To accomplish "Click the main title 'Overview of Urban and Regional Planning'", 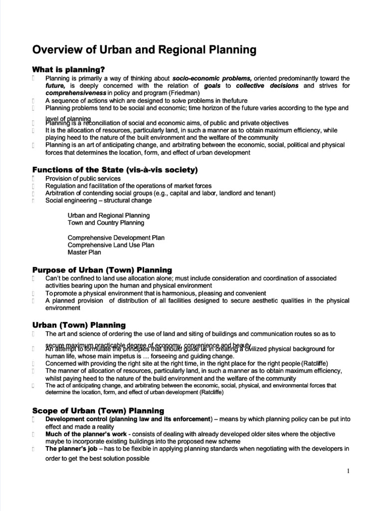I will [x=144, y=50].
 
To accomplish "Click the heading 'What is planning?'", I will [x=68, y=69].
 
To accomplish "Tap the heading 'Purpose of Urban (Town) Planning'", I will [x=102, y=269].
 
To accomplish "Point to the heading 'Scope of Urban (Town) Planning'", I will [x=98, y=411].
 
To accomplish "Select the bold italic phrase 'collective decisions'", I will [x=267, y=86].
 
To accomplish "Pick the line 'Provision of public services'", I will [x=83, y=179].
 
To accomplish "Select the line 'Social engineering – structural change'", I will [x=99, y=201].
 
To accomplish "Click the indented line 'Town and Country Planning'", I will [x=106, y=223].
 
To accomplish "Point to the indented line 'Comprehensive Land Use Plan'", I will [x=111, y=245].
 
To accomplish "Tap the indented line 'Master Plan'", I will [x=84, y=253].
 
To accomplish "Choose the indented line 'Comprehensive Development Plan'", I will [x=116, y=238].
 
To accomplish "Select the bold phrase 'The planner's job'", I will [x=71, y=449].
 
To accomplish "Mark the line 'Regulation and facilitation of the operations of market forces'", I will [x=128, y=186].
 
